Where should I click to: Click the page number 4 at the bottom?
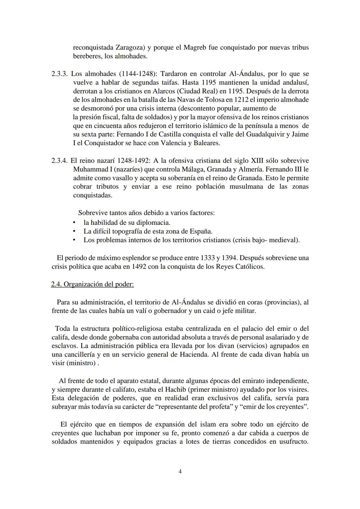point(180,471)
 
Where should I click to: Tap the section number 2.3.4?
point(60,161)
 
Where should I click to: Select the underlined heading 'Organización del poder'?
point(98,284)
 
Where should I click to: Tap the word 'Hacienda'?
point(195,354)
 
